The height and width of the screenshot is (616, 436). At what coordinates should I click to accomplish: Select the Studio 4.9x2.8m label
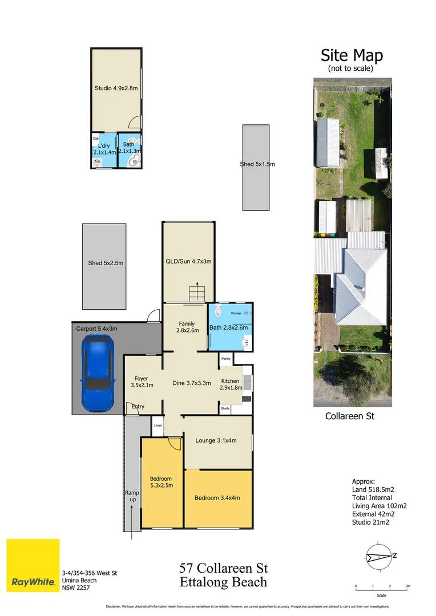click(116, 88)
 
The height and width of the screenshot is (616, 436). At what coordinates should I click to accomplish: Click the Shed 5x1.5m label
click(257, 164)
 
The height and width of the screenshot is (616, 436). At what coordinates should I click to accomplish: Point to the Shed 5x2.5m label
click(106, 263)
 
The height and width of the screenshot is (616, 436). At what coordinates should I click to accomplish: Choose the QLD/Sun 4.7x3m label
click(188, 261)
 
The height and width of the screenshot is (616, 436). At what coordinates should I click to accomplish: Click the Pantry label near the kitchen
click(226, 359)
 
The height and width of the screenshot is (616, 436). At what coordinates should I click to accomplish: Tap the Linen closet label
click(158, 425)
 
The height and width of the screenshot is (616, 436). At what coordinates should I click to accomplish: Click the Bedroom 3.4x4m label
click(217, 497)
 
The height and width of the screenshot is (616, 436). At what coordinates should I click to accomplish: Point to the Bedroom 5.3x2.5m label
click(161, 482)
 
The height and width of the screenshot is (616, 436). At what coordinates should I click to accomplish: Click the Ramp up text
click(132, 496)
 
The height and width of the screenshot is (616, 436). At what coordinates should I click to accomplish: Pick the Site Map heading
click(351, 55)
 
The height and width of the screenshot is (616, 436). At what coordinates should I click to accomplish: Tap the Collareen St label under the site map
click(349, 416)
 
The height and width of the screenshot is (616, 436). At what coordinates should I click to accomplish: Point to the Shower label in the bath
click(236, 313)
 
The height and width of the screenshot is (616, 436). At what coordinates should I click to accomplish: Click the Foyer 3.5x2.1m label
click(141, 382)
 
